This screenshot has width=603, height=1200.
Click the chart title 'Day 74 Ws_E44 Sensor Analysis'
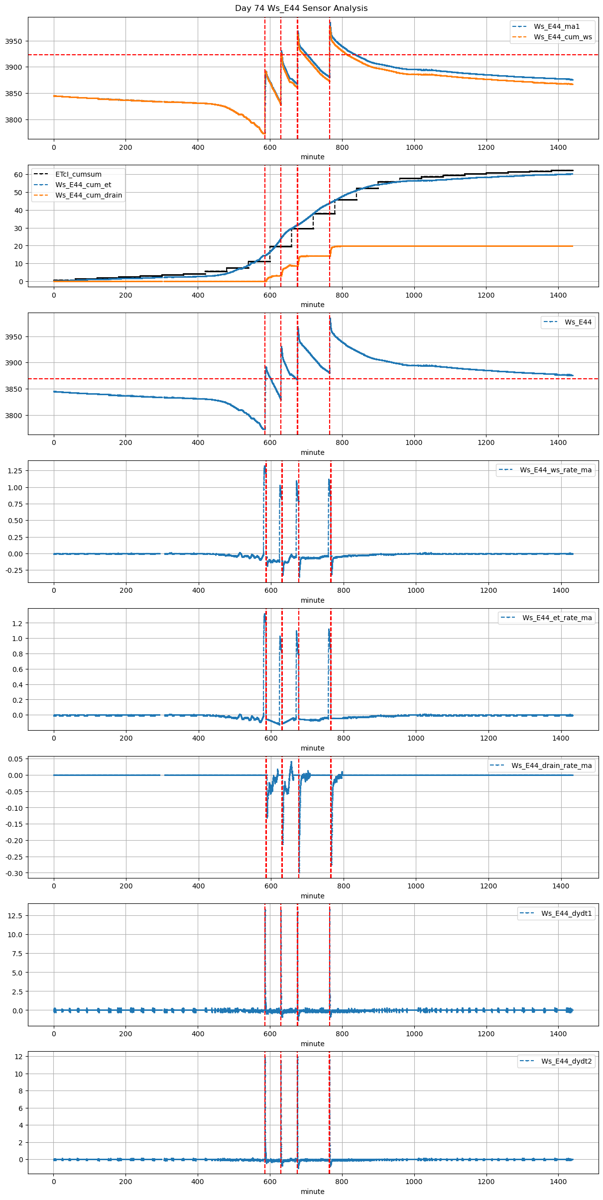tap(301, 8)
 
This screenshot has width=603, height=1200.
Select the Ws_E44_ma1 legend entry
tap(556, 26)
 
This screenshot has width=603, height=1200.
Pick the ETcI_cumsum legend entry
tap(78, 174)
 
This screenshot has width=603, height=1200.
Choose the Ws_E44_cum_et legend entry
tap(83, 185)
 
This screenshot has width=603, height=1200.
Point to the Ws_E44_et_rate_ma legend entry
tap(557, 618)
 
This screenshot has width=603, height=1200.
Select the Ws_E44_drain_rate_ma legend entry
tap(551, 765)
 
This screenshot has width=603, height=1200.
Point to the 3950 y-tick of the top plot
tap(13, 41)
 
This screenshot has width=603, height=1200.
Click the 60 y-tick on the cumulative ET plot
tap(18, 175)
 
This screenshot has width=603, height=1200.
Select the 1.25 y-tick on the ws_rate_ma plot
tap(15, 471)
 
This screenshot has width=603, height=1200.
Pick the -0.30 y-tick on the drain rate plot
tap(14, 873)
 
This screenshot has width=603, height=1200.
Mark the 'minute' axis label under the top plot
tap(312, 157)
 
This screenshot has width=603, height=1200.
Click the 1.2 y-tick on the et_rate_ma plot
tap(18, 624)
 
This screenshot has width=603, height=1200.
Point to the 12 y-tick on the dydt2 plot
tap(18, 1057)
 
